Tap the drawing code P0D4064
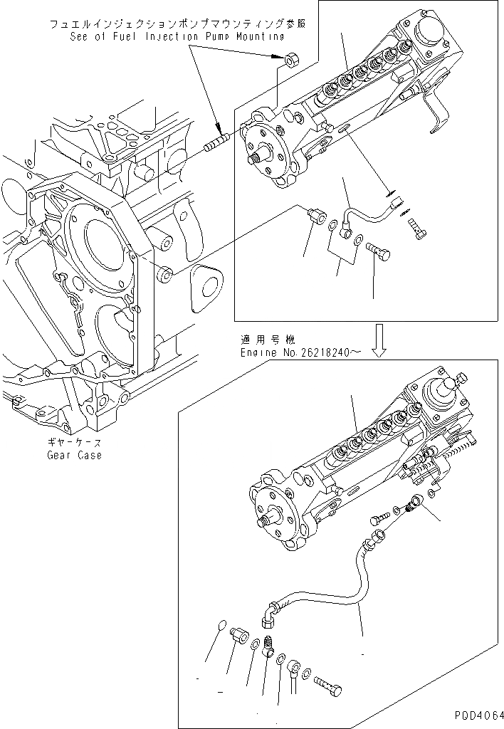coord(476,715)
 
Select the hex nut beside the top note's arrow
coord(290,61)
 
